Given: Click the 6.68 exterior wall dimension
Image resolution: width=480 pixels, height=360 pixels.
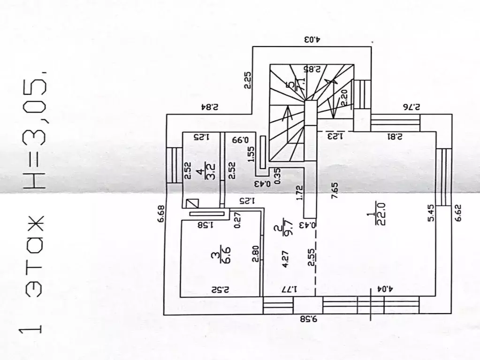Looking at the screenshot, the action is click(x=161, y=214).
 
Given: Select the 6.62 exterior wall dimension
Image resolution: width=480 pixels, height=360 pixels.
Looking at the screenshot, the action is click(x=458, y=213).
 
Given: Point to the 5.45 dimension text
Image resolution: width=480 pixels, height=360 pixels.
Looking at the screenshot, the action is click(x=431, y=213).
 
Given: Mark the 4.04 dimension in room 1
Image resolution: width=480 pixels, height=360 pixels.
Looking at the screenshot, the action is click(x=381, y=289).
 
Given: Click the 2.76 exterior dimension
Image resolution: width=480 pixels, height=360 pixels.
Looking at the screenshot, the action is click(x=411, y=107).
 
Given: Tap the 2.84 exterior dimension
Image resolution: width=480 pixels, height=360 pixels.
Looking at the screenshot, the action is click(x=210, y=107).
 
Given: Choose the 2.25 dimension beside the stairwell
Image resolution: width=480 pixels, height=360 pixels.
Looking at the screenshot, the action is click(x=247, y=80).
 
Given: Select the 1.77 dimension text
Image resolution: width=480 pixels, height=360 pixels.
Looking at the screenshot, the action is click(x=289, y=289).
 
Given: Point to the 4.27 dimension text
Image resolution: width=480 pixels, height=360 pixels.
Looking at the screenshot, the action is click(x=285, y=259).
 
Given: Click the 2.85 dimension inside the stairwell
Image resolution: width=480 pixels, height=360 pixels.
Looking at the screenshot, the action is click(x=312, y=69).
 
